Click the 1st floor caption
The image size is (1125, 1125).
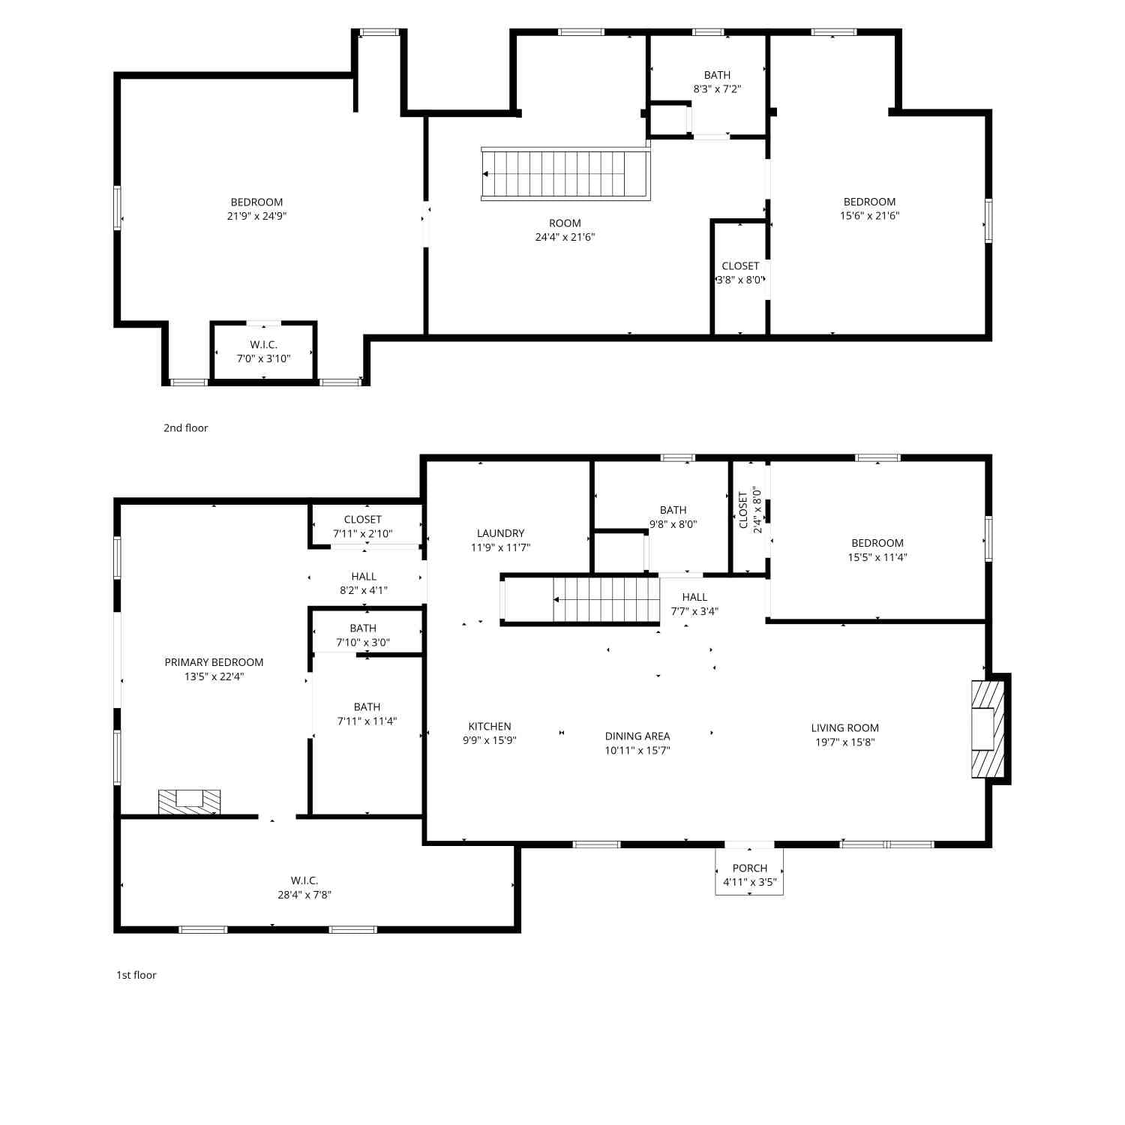point(136,975)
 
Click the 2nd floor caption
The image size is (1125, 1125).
point(185,427)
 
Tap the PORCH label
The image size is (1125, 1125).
point(750,868)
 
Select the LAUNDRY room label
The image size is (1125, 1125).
point(500,533)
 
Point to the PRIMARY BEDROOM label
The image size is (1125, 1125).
point(214,662)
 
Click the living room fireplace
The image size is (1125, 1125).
point(988,728)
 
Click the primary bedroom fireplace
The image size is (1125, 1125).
point(189,802)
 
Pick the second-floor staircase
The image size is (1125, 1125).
point(565,174)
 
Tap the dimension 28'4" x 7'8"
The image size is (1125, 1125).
point(304,895)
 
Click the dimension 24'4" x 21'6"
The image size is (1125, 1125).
point(565,237)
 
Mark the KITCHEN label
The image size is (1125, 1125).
point(490,726)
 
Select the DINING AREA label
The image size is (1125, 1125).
point(637,736)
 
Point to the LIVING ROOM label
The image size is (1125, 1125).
point(844,727)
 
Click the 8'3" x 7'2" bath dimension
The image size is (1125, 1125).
point(717,88)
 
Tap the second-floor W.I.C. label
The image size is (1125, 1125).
point(263,344)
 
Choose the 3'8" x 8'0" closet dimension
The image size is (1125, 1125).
point(740,280)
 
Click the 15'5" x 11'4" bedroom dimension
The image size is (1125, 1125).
point(877,557)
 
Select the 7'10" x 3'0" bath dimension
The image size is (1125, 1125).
point(363,642)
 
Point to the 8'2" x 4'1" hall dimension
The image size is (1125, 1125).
point(364,590)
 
